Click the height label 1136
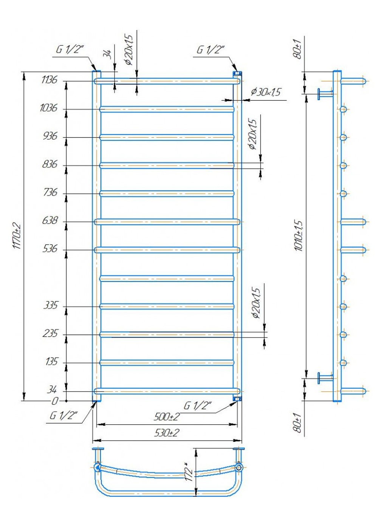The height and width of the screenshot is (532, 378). tap(49, 80)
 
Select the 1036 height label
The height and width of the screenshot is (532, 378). tap(49, 108)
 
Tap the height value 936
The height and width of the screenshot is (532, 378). tap(50, 136)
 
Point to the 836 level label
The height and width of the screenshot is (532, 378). tap(50, 164)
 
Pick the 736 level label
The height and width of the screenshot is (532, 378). tap(50, 193)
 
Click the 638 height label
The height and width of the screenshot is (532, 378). tap(50, 221)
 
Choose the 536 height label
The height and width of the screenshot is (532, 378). tap(50, 249)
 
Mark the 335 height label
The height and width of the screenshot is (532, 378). tap(50, 305)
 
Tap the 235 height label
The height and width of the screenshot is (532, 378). tap(50, 334)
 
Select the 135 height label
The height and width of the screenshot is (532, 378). tap(51, 362)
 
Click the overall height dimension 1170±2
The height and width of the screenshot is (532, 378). tap(17, 235)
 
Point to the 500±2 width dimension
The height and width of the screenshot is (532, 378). tap(166, 417)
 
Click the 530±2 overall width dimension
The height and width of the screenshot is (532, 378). tap(166, 433)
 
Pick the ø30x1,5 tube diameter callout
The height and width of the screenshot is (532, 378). tap(266, 92)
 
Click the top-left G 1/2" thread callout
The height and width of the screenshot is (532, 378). tap(70, 49)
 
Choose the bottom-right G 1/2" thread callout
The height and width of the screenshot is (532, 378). tap(197, 406)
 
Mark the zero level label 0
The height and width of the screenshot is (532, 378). tap(55, 401)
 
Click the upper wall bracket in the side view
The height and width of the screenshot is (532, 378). tap(324, 94)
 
